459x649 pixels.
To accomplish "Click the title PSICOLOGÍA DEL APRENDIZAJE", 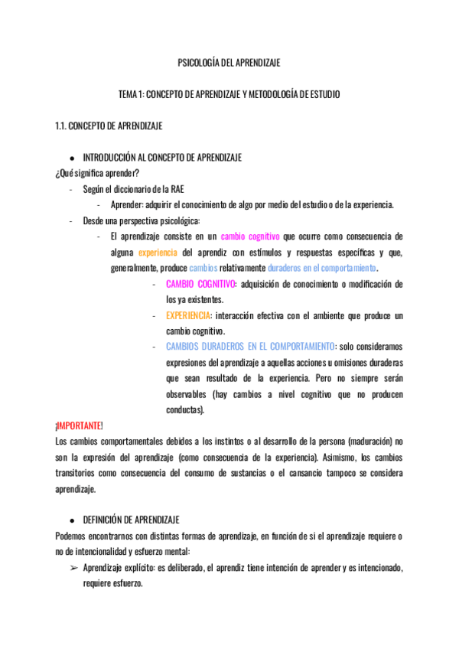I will (229, 64).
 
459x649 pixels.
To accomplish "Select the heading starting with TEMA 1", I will (229, 94).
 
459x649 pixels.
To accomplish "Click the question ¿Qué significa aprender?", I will (97, 173).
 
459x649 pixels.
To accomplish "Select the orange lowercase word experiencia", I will (158, 253).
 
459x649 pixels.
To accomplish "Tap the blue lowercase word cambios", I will (203, 268).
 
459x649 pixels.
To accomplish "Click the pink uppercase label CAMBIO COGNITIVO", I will (201, 284).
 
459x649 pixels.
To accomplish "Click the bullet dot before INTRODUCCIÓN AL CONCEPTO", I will (71, 158).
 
